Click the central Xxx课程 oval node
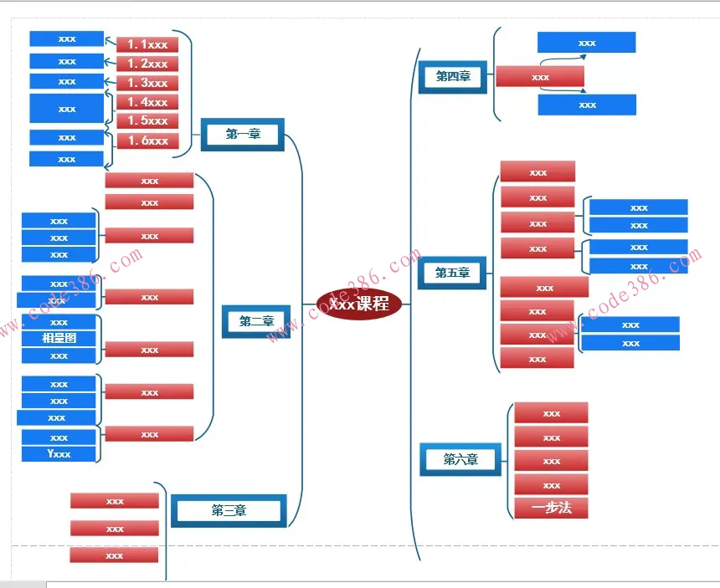360,304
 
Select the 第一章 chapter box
243,134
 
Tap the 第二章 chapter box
256,321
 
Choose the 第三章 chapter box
229,510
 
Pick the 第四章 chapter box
453,77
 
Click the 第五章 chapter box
452,273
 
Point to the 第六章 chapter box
460,459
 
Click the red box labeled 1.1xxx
147,45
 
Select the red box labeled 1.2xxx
147,64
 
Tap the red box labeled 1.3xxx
147,83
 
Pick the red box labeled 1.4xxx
147,102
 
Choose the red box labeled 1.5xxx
147,120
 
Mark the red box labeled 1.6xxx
147,141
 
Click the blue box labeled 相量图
59,339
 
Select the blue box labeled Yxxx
59,454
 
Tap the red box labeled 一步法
551,508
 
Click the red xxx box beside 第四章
540,77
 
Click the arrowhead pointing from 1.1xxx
109,38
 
